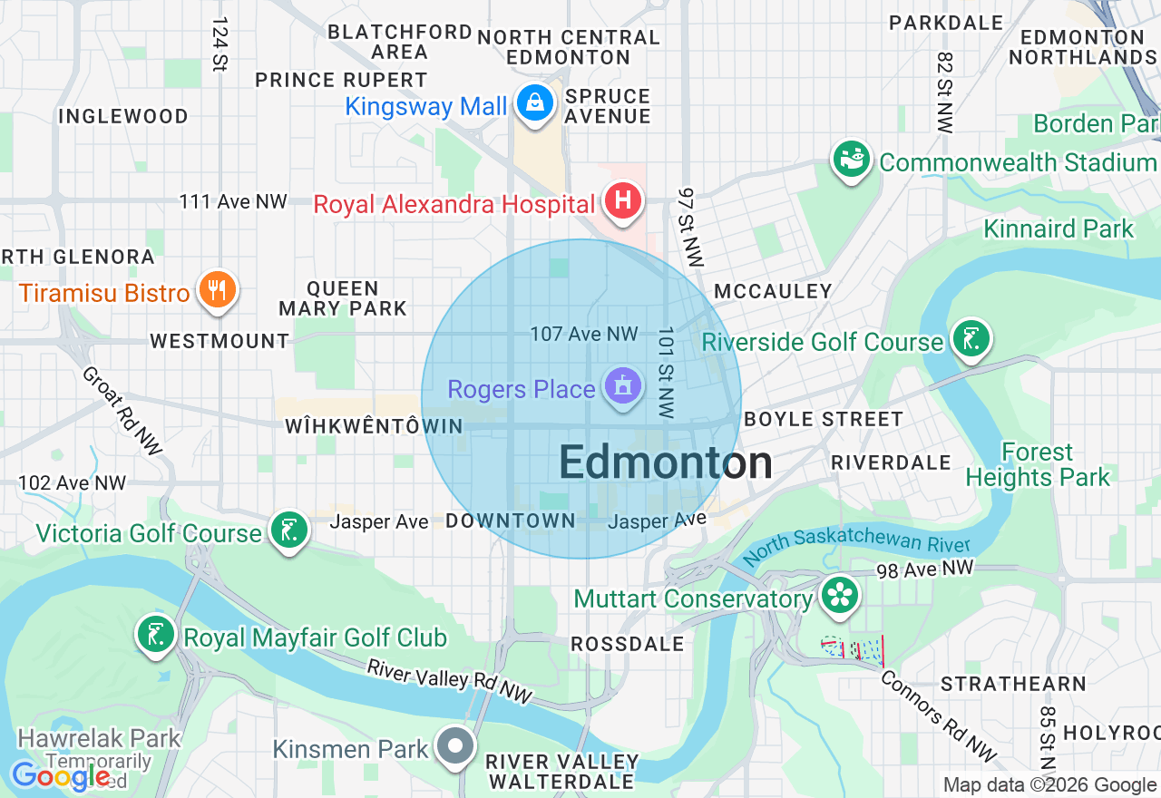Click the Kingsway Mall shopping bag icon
[x=536, y=102]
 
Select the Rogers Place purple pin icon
[x=622, y=387]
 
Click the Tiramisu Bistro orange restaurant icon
[x=216, y=290]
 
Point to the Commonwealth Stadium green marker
[x=851, y=160]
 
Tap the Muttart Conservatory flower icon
[x=840, y=595]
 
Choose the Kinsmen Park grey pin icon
[x=454, y=746]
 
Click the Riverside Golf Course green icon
[x=971, y=339]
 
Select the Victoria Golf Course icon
[x=289, y=530]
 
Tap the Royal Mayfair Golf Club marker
[x=155, y=634]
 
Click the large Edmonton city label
[x=666, y=462]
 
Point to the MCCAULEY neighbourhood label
[x=773, y=291]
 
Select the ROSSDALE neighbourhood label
[x=628, y=644]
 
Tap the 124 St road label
[x=220, y=44]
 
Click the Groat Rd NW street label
[x=122, y=411]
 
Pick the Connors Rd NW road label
[x=938, y=715]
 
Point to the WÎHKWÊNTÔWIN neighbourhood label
[x=374, y=426]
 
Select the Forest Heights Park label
[x=1038, y=464]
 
